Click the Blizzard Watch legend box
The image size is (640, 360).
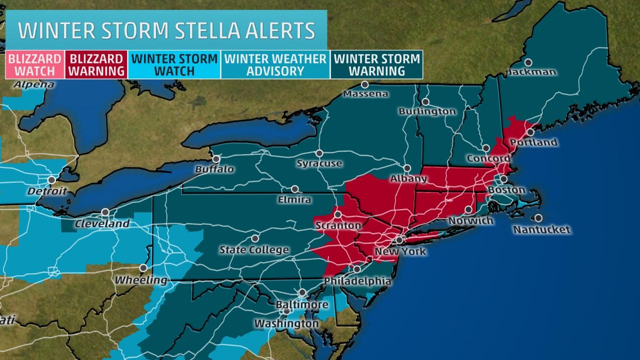pos(34,64)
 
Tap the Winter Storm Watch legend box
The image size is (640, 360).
pos(174,64)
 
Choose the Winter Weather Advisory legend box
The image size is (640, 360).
pos(275,64)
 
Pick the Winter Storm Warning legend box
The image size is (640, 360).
pos(376,64)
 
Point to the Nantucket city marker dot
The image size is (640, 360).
pos(538,218)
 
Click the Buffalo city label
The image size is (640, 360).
pos(214,169)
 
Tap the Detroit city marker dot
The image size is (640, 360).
pos(51,179)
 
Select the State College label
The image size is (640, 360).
pos(254,249)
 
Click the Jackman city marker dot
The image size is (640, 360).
pos(528,62)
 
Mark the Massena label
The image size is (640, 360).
pos(365,93)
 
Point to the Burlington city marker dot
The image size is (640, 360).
pos(425,101)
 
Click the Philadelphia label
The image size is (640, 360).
pos(357,281)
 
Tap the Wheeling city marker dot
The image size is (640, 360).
pos(143,268)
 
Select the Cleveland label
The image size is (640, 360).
pos(102,224)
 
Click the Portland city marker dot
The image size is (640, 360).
pos(530,132)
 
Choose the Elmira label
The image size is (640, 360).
pos(294,199)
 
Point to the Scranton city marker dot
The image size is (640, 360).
pos(337,214)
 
